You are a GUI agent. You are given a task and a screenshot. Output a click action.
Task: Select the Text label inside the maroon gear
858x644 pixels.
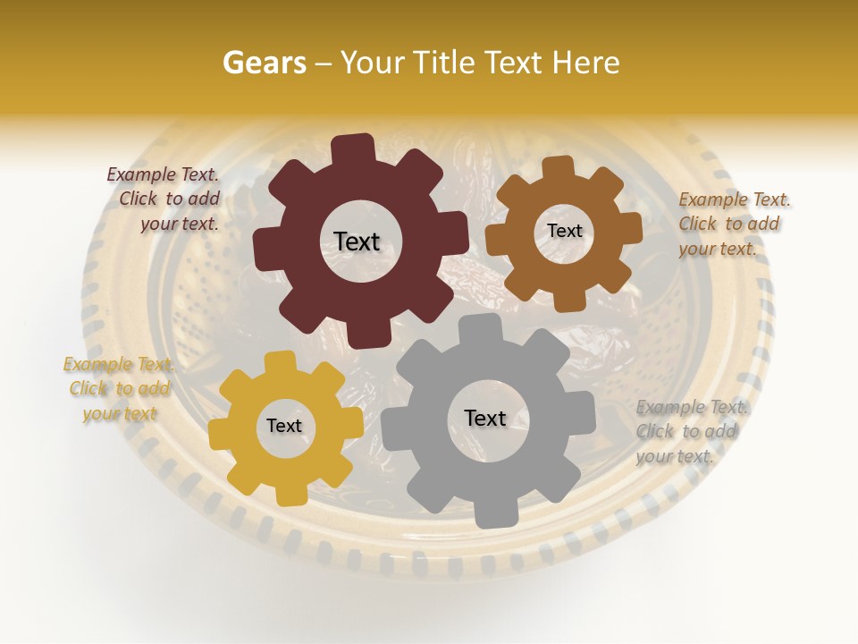click(x=357, y=241)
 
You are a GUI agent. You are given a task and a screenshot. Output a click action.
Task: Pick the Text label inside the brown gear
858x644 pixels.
click(x=564, y=231)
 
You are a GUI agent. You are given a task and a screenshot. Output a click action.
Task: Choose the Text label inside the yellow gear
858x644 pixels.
click(x=284, y=426)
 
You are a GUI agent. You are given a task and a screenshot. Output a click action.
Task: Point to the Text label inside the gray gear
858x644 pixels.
click(x=485, y=418)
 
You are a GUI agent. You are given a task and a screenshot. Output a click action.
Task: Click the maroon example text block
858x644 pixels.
click(x=166, y=199)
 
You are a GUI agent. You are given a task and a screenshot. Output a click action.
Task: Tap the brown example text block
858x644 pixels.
click(x=732, y=224)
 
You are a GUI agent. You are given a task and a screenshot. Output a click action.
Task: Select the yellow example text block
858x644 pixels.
click(x=119, y=388)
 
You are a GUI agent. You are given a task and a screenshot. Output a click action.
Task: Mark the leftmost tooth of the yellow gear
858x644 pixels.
click(x=220, y=432)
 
